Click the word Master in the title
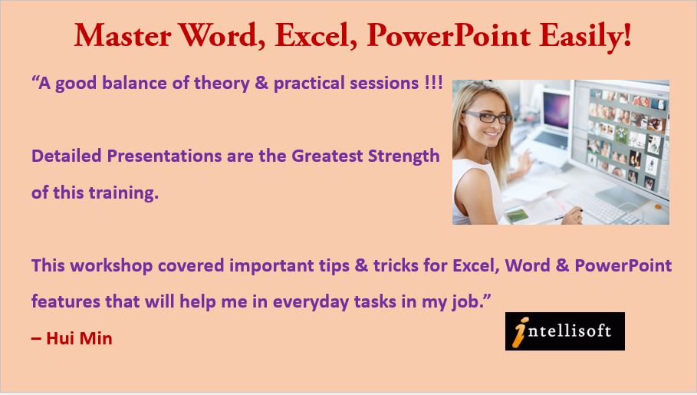pyautogui.click(x=123, y=35)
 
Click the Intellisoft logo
pyautogui.click(x=564, y=331)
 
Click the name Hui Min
pyautogui.click(x=79, y=338)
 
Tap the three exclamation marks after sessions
pyautogui.click(x=433, y=82)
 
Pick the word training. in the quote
pyautogui.click(x=123, y=193)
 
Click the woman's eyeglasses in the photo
pyautogui.click(x=487, y=117)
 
